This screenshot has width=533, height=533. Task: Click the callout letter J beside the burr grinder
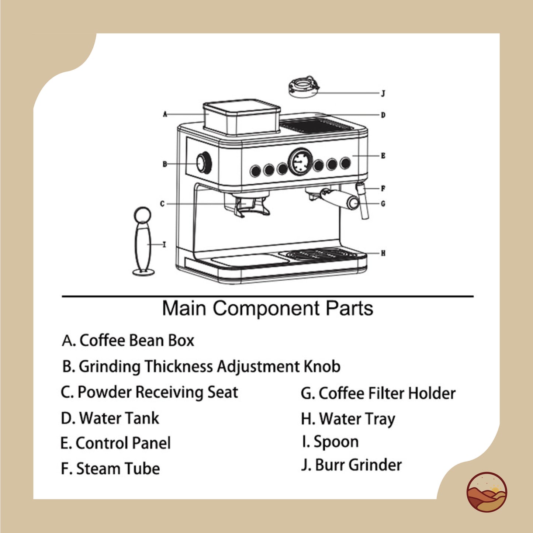point(383,93)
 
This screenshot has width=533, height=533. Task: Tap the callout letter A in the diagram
point(165,114)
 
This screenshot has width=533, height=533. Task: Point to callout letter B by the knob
point(165,164)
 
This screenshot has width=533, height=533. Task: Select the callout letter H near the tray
point(383,253)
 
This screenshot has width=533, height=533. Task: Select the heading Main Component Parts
point(267,308)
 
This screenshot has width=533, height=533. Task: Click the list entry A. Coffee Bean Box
point(128,340)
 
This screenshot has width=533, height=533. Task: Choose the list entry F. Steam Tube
point(110,468)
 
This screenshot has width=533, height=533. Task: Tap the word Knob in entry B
point(322,367)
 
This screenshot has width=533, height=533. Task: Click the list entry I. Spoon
point(330,442)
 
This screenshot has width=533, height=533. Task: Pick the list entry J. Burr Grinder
point(351,465)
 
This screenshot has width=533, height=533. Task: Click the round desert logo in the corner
point(487,492)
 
